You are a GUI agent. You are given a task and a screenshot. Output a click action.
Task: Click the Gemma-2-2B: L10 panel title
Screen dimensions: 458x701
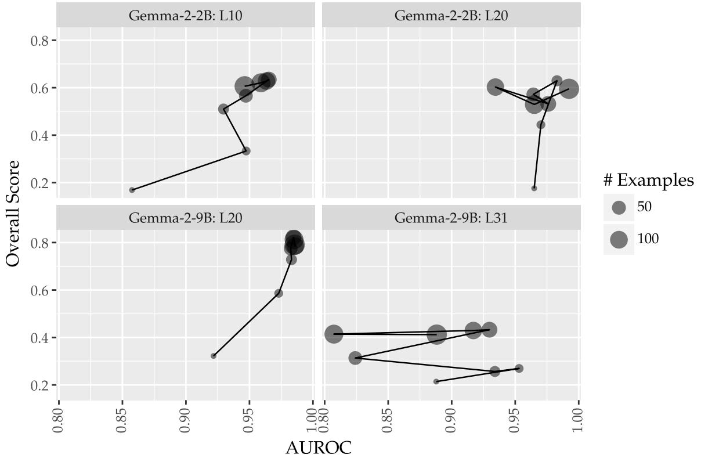[185, 15]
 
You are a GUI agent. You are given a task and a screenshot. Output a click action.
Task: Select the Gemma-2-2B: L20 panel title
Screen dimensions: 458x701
[451, 15]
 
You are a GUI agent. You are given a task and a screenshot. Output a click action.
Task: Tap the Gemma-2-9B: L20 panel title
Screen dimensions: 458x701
[185, 218]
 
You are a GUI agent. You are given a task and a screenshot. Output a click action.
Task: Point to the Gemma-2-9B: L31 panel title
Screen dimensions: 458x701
[451, 218]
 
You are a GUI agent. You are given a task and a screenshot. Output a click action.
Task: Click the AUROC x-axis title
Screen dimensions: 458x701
[319, 448]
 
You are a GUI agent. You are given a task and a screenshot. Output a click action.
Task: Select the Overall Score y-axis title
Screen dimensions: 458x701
[13, 213]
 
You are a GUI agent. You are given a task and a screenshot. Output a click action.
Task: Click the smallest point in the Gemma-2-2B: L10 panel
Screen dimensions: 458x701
[132, 190]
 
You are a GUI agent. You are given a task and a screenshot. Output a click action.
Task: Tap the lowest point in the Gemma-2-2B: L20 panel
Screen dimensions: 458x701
[534, 188]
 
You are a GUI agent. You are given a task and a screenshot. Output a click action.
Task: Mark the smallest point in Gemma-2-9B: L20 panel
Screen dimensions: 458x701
[214, 356]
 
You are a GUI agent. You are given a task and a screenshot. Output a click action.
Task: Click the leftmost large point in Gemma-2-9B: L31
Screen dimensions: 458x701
[334, 334]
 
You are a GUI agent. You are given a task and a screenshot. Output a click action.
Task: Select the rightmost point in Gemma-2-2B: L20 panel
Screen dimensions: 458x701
[569, 89]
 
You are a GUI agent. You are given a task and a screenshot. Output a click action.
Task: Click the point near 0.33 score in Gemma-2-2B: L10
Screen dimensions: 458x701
[246, 151]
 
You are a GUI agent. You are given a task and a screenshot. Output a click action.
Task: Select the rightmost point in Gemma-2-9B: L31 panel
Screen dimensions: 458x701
[519, 369]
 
